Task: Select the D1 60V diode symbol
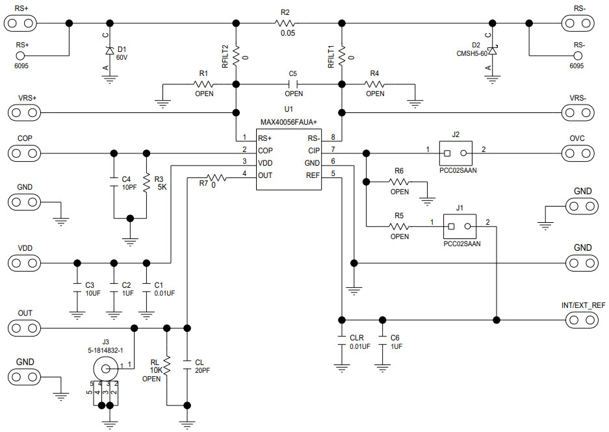click(x=110, y=50)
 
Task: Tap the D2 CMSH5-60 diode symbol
click(x=493, y=51)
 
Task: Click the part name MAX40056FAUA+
click(x=289, y=121)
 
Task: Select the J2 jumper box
click(x=456, y=154)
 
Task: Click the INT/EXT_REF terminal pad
click(x=580, y=320)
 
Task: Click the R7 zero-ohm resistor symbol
click(x=215, y=176)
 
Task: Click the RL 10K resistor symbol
click(x=167, y=365)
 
